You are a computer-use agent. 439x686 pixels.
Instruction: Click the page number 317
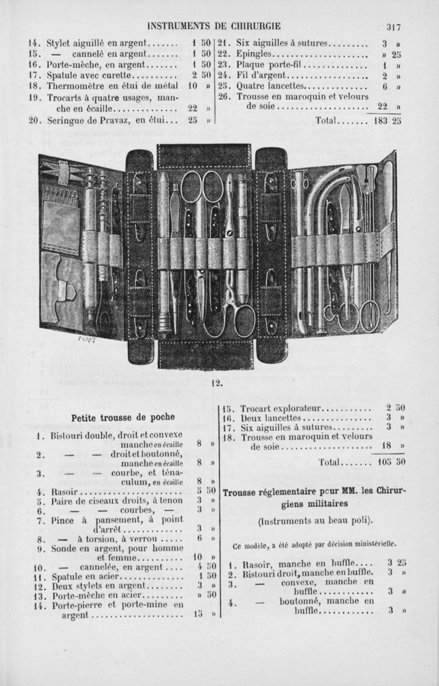(394, 25)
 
